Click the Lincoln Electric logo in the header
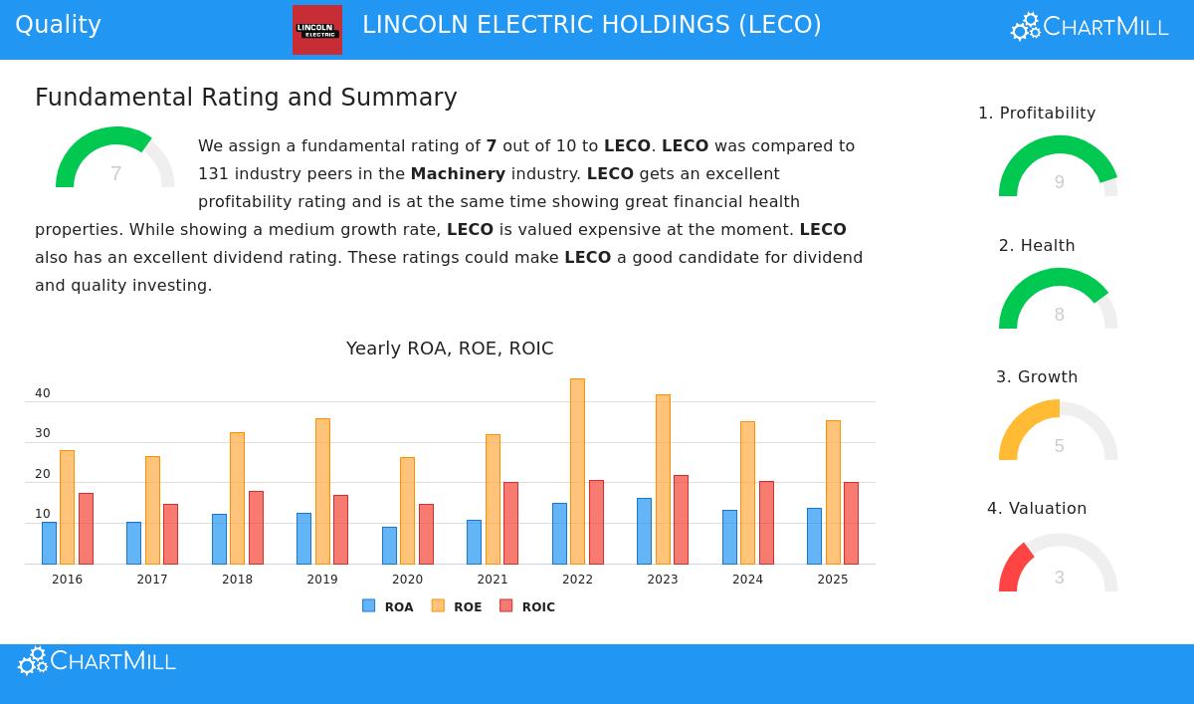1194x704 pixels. point(317,30)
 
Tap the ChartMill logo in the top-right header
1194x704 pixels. point(1090,27)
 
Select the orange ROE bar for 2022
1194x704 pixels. point(577,471)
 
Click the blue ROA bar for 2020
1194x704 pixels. point(389,546)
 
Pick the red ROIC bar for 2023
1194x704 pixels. point(681,520)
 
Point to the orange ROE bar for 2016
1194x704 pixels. point(67,507)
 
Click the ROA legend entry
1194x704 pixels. point(388,606)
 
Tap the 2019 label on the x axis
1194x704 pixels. point(322,580)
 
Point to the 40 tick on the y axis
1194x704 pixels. point(42,393)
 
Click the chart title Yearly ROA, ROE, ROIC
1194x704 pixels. point(450,349)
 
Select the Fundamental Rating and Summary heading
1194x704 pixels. point(246,98)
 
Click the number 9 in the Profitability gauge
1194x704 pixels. point(1059,182)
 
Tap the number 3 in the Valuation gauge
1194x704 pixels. point(1059,578)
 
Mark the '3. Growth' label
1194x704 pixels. point(1037,376)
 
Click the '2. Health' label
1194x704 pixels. point(1037,245)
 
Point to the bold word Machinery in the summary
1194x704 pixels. point(458,173)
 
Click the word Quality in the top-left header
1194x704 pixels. point(58,25)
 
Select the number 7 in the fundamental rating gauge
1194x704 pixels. point(115,174)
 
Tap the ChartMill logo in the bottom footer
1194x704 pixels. point(98,661)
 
